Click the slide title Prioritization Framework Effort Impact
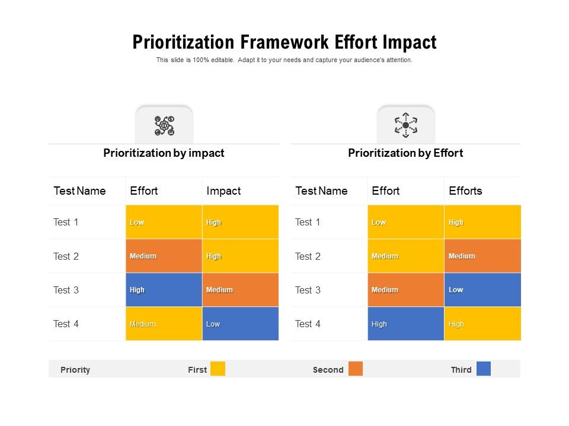point(284,43)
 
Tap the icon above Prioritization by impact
point(164,126)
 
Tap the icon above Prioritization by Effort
point(406,125)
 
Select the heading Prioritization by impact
point(164,153)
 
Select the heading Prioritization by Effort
point(405,153)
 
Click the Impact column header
point(223,191)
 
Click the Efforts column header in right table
point(465,191)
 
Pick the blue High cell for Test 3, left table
point(164,290)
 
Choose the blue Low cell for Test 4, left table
point(240,324)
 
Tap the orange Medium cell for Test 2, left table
point(164,256)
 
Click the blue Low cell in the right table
point(482,290)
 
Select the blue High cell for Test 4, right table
point(405,324)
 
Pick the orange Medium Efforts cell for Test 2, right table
point(482,256)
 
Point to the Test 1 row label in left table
point(66,222)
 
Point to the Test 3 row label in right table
point(308,290)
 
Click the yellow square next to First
point(218,369)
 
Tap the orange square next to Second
point(355,369)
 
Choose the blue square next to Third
point(484,369)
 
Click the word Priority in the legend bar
point(75,370)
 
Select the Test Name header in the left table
point(79,191)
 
